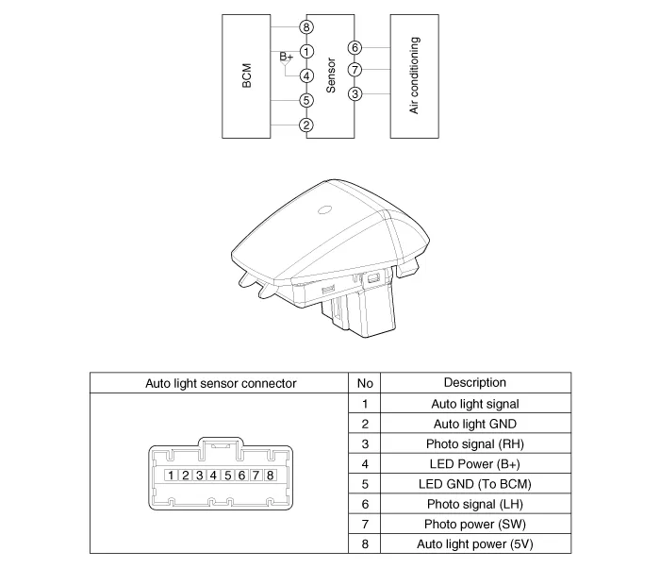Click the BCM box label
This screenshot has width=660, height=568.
click(247, 76)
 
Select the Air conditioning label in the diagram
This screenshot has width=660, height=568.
click(414, 76)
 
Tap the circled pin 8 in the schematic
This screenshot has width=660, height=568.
click(306, 27)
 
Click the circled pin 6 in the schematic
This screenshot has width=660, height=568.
click(355, 47)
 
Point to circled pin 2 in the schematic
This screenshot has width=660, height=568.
click(306, 125)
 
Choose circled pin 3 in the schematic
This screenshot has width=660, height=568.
click(355, 93)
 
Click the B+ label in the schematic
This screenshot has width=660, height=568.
click(287, 57)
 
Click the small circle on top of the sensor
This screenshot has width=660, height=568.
click(325, 211)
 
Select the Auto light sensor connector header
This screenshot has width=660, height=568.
click(221, 383)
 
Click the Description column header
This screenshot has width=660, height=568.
click(474, 383)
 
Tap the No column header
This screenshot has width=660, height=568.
click(364, 384)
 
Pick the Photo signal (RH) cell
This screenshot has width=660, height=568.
click(474, 444)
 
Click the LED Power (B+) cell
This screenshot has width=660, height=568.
click(474, 464)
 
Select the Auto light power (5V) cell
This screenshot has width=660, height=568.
click(474, 544)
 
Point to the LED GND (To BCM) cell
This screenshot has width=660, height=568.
click(474, 484)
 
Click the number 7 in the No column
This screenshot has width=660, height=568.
click(364, 525)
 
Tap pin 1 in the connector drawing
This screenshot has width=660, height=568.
click(173, 475)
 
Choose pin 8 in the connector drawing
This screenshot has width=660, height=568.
click(270, 475)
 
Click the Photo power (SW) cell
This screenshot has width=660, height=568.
click(474, 525)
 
